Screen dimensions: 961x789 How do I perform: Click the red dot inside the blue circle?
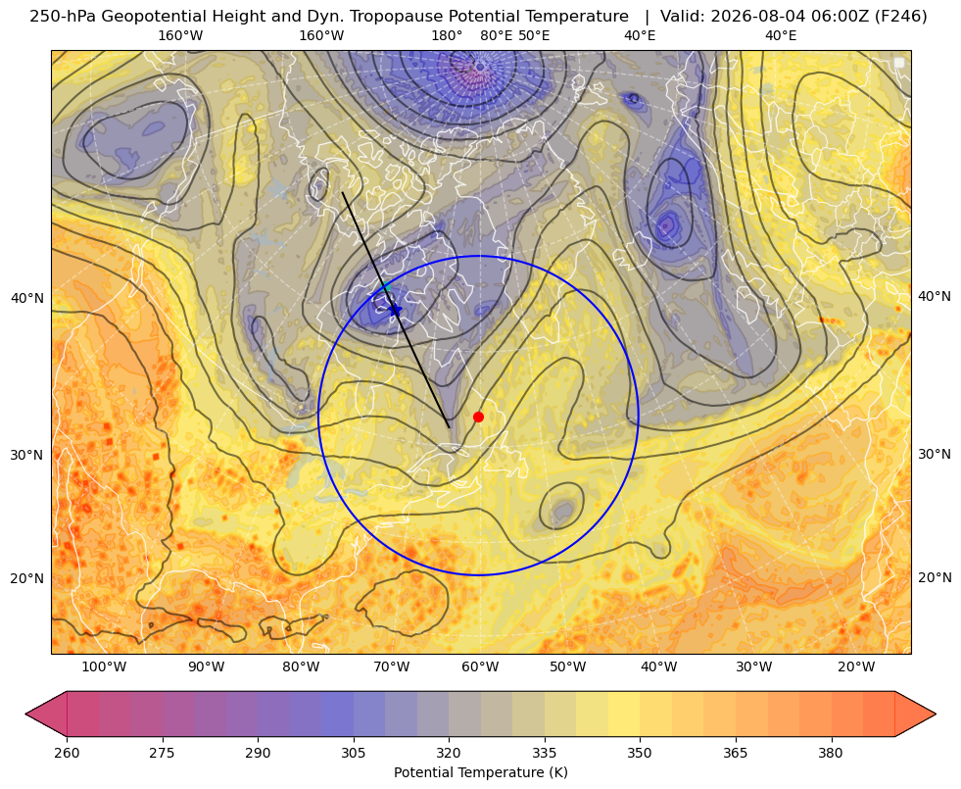tap(479, 417)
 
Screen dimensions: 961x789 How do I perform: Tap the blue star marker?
tap(396, 310)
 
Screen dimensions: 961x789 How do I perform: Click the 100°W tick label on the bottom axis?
tap(104, 667)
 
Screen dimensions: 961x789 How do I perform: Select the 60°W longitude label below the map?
tap(480, 667)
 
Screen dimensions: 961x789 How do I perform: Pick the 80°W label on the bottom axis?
tap(301, 667)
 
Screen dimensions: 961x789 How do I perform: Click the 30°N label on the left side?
tap(27, 455)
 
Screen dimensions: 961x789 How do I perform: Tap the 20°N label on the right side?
tap(935, 577)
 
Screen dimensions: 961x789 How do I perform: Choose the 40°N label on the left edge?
tap(27, 299)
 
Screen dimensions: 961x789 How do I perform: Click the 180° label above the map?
tap(447, 35)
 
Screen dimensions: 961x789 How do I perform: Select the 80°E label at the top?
tap(496, 35)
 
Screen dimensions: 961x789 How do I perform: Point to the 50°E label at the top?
tap(534, 35)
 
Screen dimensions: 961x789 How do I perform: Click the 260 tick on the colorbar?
tap(67, 753)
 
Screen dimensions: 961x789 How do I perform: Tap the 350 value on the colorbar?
tap(640, 753)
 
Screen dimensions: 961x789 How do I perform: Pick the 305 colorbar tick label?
tap(353, 753)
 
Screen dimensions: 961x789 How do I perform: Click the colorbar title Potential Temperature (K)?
tap(480, 772)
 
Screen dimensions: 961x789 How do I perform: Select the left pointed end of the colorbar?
tap(25, 714)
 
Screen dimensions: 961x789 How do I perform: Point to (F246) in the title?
tap(901, 17)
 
